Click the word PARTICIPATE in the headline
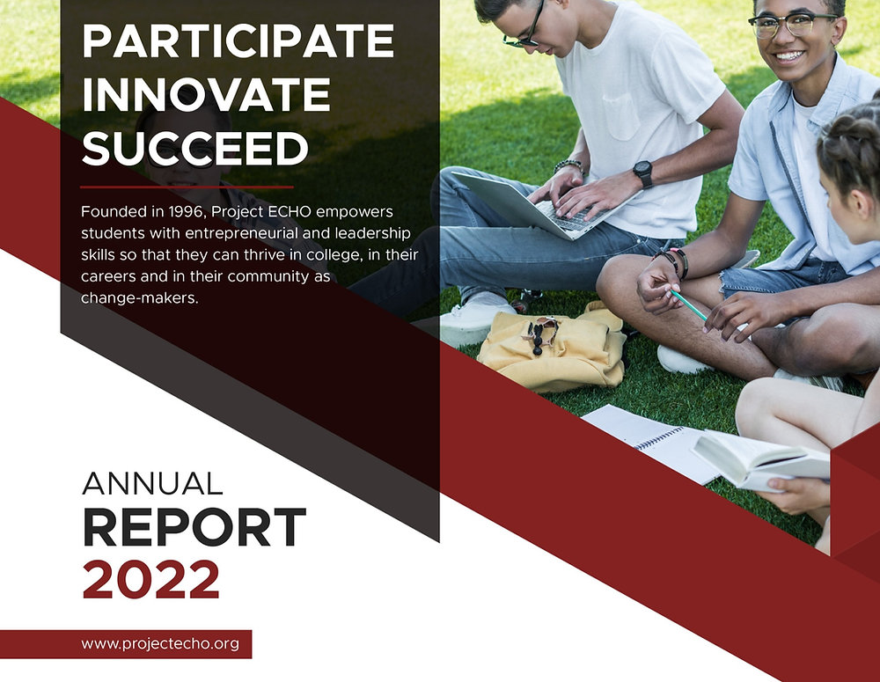238,41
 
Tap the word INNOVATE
206,95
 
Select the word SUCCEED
195,149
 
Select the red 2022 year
150,580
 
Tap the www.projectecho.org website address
160,643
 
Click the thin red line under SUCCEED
187,187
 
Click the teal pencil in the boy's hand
688,304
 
